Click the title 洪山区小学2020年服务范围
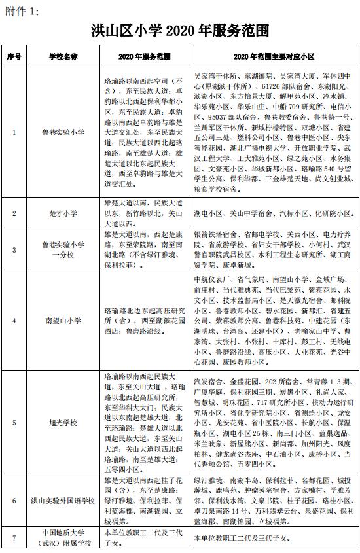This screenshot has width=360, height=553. pyautogui.click(x=179, y=30)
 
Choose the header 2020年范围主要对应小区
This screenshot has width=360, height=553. pyautogui.click(x=274, y=57)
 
